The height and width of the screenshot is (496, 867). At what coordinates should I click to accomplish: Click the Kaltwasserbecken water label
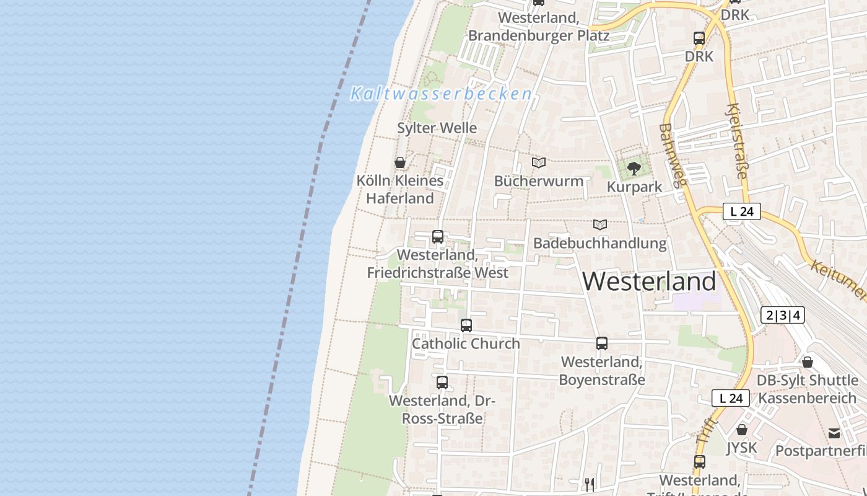(440, 94)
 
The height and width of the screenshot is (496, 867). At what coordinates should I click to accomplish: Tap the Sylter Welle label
(437, 128)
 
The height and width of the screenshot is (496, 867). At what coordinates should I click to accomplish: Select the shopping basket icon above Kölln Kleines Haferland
(400, 162)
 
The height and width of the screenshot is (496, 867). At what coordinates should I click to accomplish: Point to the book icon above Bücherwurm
(539, 162)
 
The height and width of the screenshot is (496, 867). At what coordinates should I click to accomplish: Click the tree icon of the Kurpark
(634, 168)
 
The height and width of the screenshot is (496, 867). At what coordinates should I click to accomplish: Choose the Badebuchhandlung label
(599, 243)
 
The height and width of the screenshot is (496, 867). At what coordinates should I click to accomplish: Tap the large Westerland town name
(649, 281)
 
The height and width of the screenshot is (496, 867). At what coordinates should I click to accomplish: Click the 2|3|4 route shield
(783, 315)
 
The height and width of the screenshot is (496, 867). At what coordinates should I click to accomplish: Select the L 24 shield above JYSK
(731, 398)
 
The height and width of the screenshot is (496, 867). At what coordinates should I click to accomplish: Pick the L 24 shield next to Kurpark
(741, 211)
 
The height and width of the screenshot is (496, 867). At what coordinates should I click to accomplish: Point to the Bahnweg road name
(673, 155)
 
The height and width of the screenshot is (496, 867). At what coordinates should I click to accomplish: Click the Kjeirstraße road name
(736, 141)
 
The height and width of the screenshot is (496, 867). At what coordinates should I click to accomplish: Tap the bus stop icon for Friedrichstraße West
(438, 236)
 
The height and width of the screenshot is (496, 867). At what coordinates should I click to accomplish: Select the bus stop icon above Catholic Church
(466, 325)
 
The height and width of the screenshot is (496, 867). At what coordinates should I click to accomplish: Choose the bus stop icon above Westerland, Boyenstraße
(601, 343)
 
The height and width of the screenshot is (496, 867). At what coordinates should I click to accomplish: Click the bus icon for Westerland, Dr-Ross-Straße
(442, 382)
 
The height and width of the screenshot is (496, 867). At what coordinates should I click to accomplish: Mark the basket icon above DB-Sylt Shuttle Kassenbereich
(807, 361)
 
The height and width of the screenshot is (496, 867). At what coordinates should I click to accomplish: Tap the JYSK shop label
(741, 448)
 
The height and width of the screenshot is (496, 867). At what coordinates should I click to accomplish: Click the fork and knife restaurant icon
(589, 484)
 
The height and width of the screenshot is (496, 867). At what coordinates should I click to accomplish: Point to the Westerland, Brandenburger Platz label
(538, 27)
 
